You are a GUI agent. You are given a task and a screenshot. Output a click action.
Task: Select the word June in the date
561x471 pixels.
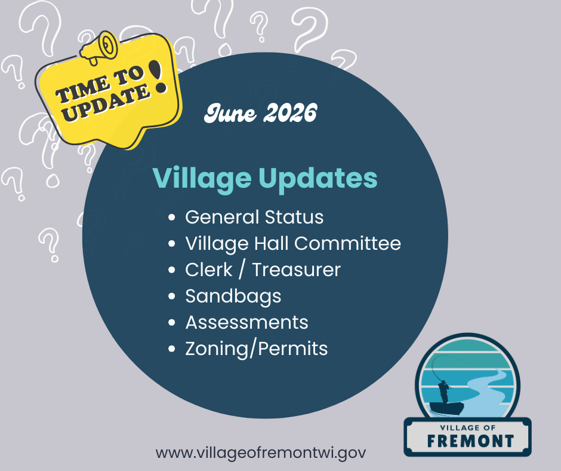230,114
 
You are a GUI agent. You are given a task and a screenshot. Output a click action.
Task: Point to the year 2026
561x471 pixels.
290,113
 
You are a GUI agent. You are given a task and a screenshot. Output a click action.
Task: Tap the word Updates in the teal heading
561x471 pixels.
318,179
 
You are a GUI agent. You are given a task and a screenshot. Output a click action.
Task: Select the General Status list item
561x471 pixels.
254,217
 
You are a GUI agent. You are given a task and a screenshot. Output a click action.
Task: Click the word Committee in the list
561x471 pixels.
347,244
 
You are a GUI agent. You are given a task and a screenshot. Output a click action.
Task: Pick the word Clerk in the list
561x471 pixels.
209,270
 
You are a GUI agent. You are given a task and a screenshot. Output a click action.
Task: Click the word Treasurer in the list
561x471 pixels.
297,270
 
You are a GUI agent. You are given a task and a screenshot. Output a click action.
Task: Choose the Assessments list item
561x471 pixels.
247,323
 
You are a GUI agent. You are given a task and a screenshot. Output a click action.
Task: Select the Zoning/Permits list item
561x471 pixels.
257,349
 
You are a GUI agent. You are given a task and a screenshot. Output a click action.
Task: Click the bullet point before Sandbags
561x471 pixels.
172,296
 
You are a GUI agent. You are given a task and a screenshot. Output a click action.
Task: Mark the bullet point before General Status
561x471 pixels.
172,217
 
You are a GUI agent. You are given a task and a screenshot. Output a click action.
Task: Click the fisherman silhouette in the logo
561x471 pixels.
443,392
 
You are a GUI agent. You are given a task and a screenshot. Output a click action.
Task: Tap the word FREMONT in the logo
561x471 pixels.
471,441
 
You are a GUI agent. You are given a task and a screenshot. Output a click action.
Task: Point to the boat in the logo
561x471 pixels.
446,408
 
